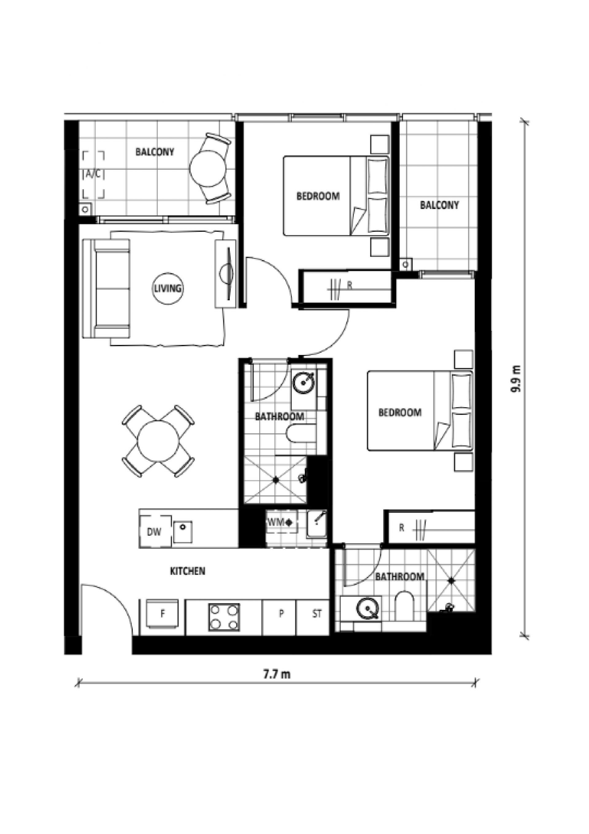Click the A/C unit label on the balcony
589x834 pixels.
[x=94, y=175]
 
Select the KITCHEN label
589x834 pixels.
[x=188, y=571]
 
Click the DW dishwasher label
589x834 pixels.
[x=154, y=532]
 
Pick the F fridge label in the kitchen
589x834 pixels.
[x=163, y=614]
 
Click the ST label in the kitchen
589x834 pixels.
[x=317, y=614]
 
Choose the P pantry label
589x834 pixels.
[x=281, y=614]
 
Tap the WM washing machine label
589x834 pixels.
[x=279, y=523]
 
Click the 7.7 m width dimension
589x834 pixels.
[x=276, y=674]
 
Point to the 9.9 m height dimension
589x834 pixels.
[x=515, y=379]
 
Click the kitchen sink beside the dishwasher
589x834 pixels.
[x=183, y=532]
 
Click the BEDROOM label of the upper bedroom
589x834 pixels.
[x=318, y=197]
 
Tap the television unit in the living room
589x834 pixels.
[x=226, y=274]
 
